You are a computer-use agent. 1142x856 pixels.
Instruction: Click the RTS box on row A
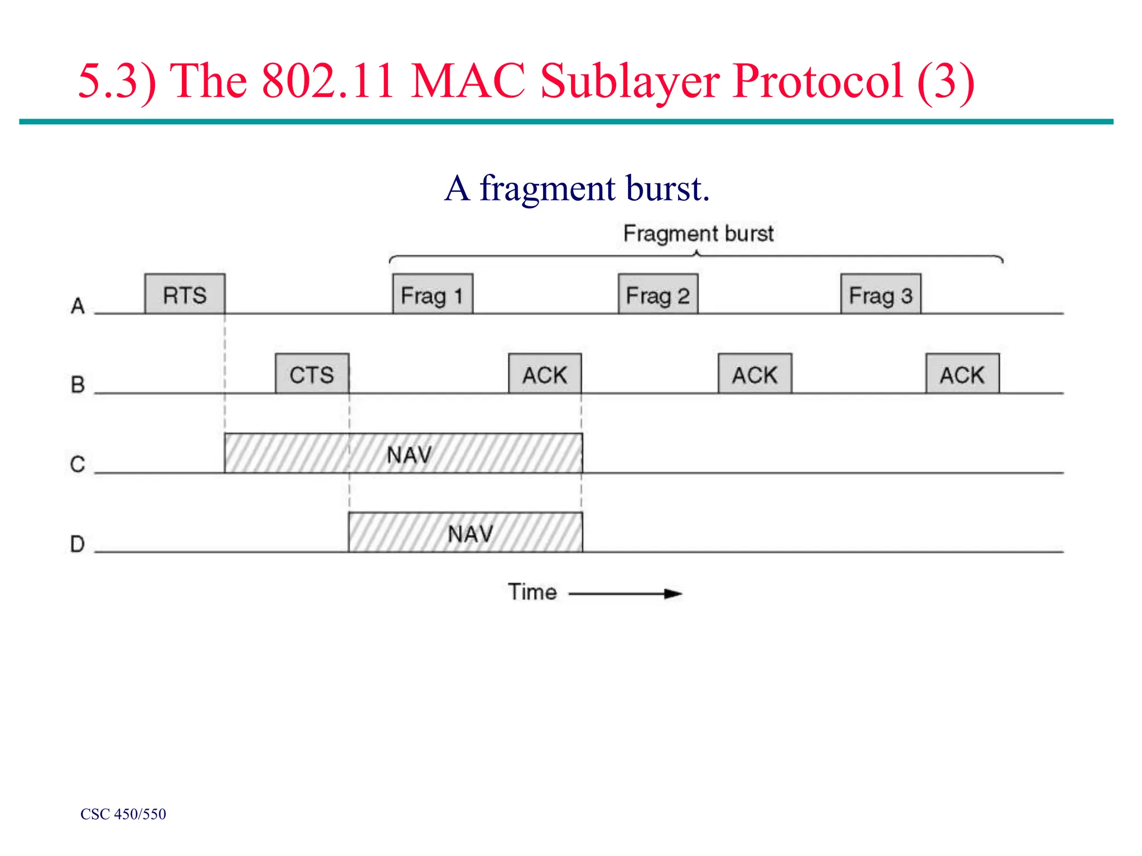pos(185,294)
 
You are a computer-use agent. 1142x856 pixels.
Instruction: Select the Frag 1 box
pos(432,294)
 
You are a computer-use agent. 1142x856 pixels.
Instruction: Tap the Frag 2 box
pos(657,294)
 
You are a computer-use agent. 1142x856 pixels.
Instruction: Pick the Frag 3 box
pos(880,294)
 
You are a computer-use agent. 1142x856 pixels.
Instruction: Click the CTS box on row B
pos(312,374)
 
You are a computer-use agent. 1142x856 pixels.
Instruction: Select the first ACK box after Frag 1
pos(544,374)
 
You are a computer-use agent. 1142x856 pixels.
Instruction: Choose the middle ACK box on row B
pos(754,374)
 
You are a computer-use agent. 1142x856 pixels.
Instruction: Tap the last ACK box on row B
pos(962,374)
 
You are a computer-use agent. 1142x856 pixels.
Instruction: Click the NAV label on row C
pos(409,455)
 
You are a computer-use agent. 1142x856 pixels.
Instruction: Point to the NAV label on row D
pos(470,534)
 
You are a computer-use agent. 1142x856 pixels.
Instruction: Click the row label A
pos(78,305)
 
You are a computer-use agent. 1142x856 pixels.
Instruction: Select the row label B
pos(78,385)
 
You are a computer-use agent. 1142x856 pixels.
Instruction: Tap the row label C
pos(78,464)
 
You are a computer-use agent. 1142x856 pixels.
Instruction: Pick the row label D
pos(78,543)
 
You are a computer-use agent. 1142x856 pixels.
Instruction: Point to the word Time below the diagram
pos(532,592)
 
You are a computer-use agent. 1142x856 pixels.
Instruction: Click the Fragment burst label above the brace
pos(698,234)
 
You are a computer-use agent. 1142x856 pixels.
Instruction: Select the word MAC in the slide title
pos(468,81)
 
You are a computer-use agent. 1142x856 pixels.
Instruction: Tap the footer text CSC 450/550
pos(123,814)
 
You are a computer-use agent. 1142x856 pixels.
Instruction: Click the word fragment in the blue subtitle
pos(547,189)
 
